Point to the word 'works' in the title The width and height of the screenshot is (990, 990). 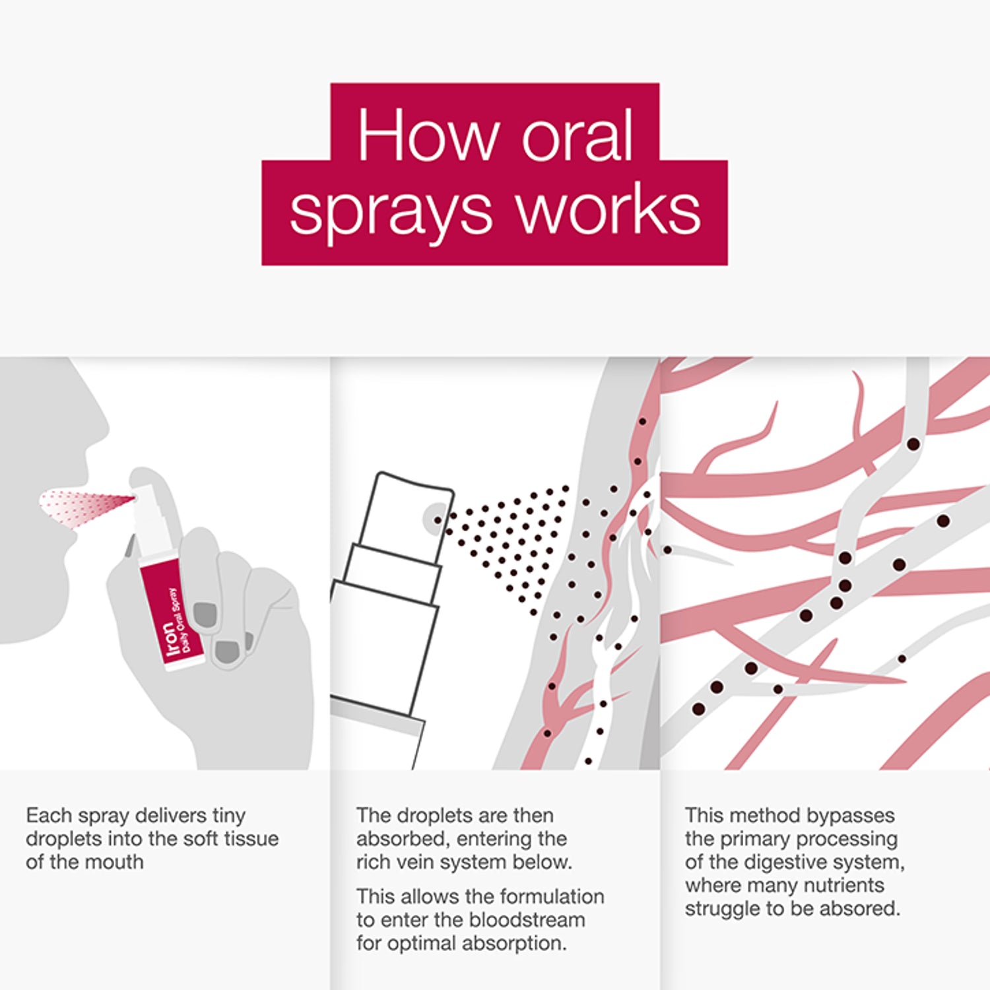(x=608, y=209)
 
